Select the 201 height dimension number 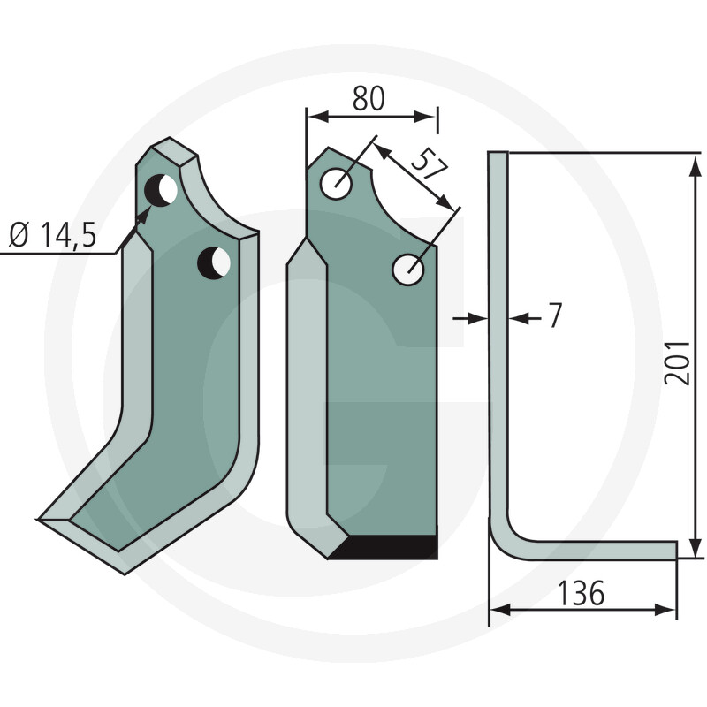point(677,363)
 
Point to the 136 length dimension point(581,593)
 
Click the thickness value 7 point(556,315)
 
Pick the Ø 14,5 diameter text point(52,235)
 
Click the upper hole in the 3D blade point(161,190)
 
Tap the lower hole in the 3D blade point(214,262)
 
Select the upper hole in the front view point(337,184)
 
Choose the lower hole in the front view point(408,270)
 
